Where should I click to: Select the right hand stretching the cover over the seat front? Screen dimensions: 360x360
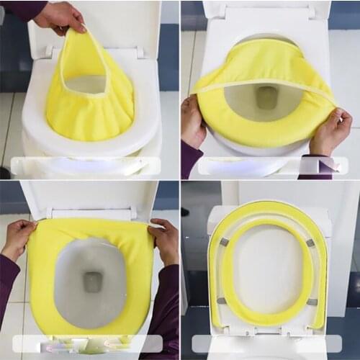pyautogui.click(x=332, y=130)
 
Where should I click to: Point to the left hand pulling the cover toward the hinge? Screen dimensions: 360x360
pyautogui.click(x=19, y=238)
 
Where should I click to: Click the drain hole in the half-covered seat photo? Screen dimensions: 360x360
pyautogui.click(x=267, y=96)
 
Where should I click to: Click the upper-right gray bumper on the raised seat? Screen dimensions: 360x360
pyautogui.click(x=310, y=243)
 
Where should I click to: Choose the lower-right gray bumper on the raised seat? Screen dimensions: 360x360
pyautogui.click(x=312, y=302)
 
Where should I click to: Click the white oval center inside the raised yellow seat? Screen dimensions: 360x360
pyautogui.click(x=268, y=270)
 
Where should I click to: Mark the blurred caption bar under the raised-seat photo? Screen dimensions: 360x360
pyautogui.click(x=266, y=344)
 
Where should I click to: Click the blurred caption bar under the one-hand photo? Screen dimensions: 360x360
pyautogui.click(x=86, y=166)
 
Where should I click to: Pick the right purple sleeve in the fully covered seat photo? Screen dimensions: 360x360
pyautogui.click(x=171, y=288)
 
